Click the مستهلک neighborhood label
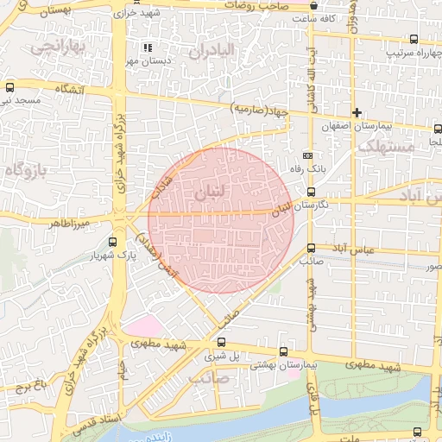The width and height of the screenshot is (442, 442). pyautogui.click(x=386, y=147)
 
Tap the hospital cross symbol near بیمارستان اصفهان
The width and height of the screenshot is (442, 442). pyautogui.click(x=357, y=113)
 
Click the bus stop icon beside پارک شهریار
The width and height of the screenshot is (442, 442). pyautogui.click(x=113, y=242)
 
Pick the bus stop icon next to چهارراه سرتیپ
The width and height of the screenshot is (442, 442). pyautogui.click(x=414, y=39)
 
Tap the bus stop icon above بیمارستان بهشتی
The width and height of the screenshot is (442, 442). pyautogui.click(x=284, y=351)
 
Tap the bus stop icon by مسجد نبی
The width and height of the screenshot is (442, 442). pyautogui.click(x=9, y=87)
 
